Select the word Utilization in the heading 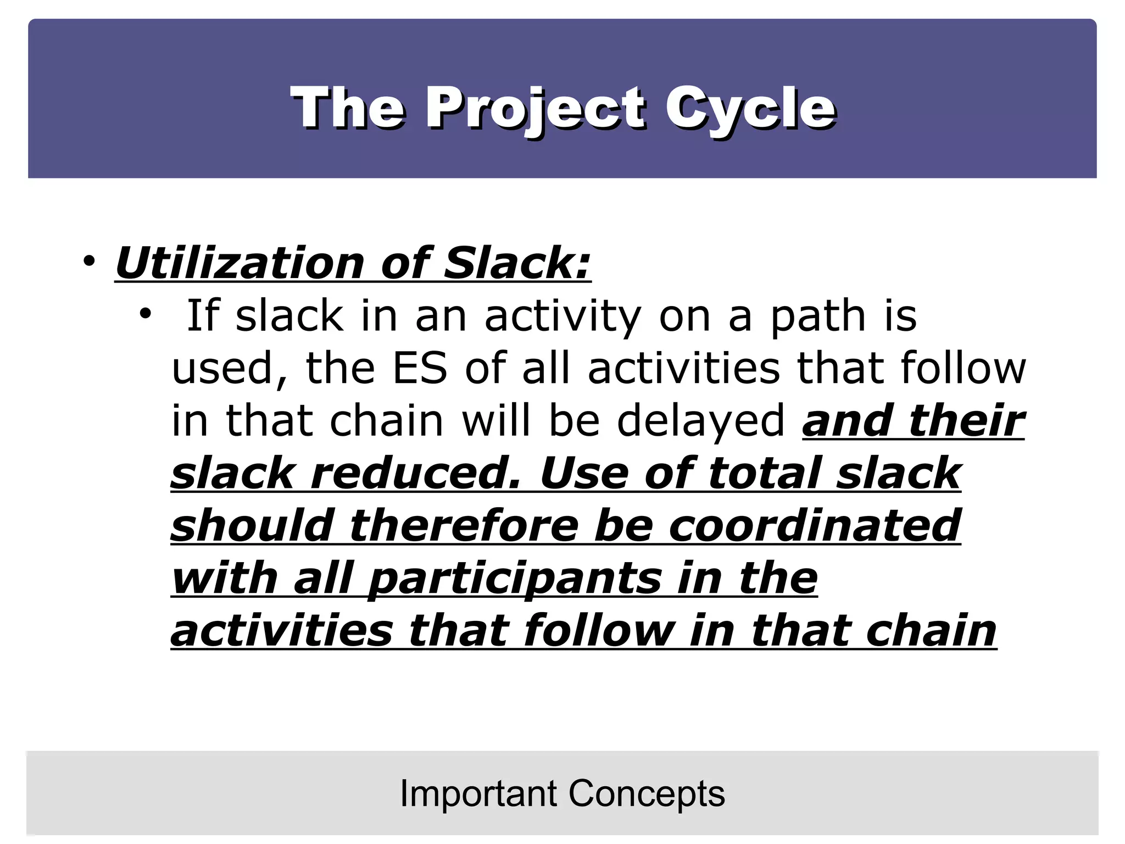240,263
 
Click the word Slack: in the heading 516,263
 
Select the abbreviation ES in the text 420,368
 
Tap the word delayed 701,421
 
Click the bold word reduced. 415,473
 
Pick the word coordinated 815,525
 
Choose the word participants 515,579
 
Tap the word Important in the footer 478,793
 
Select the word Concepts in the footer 647,793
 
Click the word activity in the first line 562,315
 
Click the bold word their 966,421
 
